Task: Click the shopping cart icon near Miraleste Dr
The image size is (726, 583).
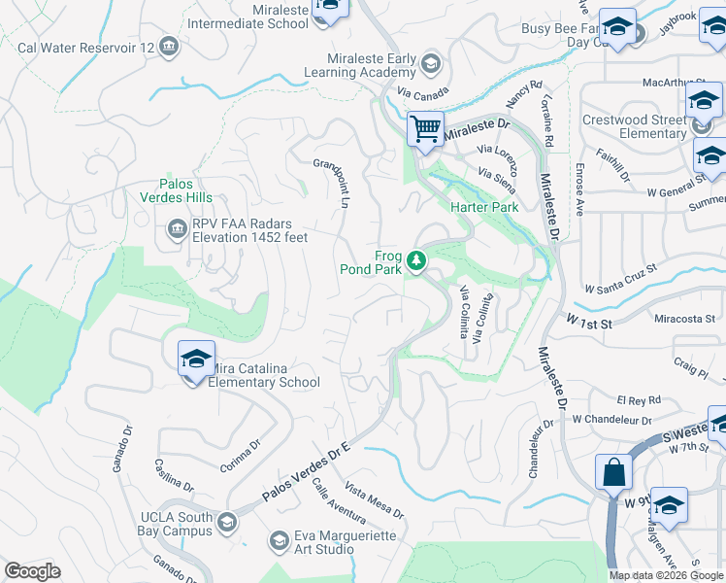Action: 425,128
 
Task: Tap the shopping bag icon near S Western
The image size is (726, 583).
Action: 614,473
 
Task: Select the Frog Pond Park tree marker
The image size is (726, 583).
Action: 415,260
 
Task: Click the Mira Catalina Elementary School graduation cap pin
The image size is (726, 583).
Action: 196,360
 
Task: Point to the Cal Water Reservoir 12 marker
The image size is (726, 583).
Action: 170,46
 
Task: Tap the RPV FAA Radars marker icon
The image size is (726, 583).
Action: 178,228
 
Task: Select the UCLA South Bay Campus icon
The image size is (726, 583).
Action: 227,523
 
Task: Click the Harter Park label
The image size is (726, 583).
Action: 484,207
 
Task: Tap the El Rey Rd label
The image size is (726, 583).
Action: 639,399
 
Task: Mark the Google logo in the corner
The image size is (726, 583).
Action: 31,571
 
